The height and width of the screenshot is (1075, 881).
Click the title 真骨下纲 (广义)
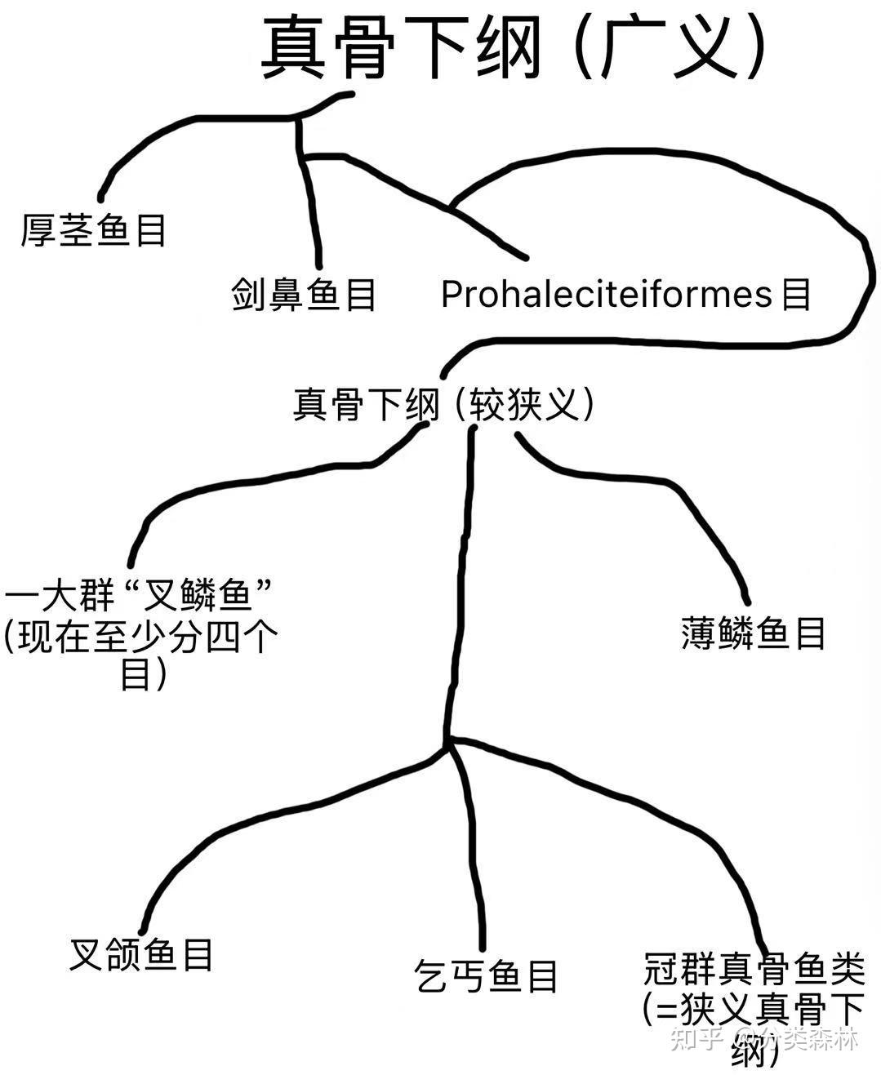tap(514, 47)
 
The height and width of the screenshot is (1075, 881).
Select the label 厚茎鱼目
tap(93, 230)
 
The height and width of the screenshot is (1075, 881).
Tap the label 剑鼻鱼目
tap(303, 294)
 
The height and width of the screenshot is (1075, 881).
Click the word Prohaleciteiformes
tap(606, 294)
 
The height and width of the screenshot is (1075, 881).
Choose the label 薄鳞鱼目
tap(753, 633)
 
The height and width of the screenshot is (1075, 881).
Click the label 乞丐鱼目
tap(486, 975)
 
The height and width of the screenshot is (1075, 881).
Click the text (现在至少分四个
tap(140, 637)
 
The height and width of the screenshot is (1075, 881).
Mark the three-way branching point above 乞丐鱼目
tap(447, 744)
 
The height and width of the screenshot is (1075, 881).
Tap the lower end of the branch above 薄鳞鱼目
tap(746, 602)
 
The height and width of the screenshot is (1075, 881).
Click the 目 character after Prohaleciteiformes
tap(795, 294)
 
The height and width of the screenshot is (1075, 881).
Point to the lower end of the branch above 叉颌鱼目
tap(143, 930)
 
